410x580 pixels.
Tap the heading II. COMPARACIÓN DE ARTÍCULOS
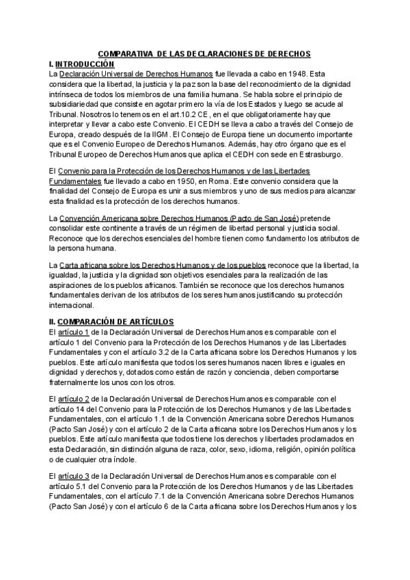point(107,321)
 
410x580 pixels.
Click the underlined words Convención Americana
point(98,217)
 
